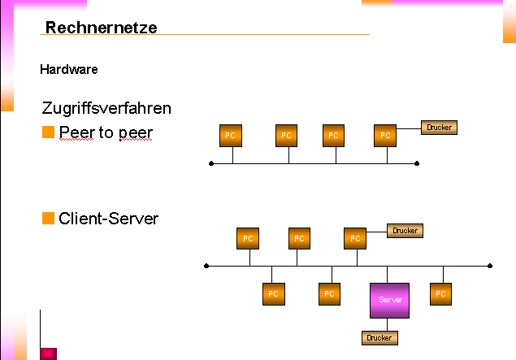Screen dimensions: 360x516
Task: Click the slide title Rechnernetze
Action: (101, 28)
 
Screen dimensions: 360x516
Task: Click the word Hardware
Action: (69, 70)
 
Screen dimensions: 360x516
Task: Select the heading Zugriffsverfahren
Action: (106, 108)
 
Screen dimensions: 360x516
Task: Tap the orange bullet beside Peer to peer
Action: (48, 132)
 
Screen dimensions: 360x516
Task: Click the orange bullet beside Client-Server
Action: (48, 218)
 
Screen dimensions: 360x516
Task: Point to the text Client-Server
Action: (109, 219)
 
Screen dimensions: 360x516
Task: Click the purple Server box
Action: (388, 300)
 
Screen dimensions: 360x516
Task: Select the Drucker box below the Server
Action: (379, 337)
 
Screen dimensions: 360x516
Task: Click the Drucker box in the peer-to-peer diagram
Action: (439, 127)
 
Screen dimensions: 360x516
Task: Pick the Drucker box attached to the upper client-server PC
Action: (405, 231)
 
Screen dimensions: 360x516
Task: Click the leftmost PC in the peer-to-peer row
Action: (231, 136)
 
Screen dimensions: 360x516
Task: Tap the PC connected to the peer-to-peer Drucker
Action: (386, 136)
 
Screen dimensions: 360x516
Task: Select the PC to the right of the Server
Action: (440, 293)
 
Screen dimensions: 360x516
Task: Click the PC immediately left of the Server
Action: (329, 293)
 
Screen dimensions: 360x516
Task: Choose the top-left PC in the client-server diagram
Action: (248, 239)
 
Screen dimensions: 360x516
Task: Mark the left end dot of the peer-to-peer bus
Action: (211, 163)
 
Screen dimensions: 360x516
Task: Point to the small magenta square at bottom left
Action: (48, 353)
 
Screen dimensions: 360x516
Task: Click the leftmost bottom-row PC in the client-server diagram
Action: (273, 293)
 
